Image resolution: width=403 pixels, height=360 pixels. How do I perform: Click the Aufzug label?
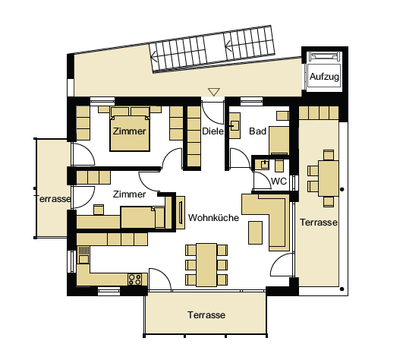click(324, 77)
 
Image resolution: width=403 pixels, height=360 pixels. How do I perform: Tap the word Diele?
click(213, 131)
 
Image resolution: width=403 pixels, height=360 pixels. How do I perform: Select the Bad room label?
click(257, 131)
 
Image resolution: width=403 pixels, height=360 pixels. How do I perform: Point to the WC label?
click(279, 182)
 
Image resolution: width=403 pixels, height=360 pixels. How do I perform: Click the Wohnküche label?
click(213, 218)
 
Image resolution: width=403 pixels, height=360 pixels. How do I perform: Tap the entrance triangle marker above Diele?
click(214, 92)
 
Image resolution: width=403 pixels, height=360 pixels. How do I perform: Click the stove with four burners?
click(135, 279)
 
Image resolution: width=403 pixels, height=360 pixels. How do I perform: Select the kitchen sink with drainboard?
click(83, 254)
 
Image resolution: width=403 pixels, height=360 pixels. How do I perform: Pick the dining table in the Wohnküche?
click(206, 265)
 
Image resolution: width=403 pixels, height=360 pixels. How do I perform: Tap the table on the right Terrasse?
click(329, 178)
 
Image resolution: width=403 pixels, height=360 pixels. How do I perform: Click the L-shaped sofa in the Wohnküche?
click(267, 221)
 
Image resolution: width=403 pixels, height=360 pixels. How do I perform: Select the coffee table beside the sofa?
click(255, 232)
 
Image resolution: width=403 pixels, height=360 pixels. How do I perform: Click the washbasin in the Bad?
click(235, 126)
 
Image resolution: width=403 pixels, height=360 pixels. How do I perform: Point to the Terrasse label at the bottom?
click(206, 315)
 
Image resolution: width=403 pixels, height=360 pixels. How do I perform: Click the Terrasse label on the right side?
click(319, 223)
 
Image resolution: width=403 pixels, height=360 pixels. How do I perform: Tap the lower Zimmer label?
click(129, 194)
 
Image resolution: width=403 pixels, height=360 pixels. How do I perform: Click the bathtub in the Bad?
click(279, 141)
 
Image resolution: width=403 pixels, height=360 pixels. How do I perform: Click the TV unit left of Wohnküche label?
click(181, 213)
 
